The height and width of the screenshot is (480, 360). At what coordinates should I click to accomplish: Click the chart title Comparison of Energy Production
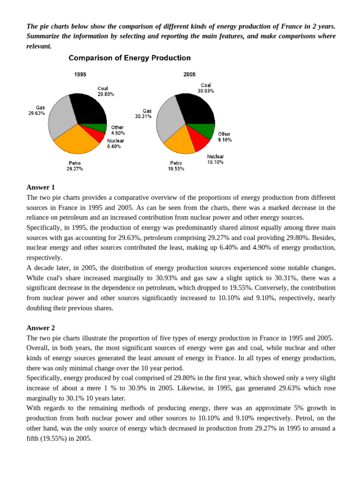pos(130,58)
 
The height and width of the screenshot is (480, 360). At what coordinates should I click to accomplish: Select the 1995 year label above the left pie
pos(80,74)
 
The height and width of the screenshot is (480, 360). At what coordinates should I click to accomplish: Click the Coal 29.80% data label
pos(105,91)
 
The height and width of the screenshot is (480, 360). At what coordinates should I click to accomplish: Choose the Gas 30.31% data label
pos(144,113)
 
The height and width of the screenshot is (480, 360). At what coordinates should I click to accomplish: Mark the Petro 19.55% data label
pos(176,166)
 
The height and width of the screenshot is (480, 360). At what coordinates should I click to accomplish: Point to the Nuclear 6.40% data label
pos(115,143)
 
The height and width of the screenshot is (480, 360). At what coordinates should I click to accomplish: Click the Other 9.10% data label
pos(224,137)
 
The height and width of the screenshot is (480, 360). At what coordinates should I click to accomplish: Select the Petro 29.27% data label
pos(75,165)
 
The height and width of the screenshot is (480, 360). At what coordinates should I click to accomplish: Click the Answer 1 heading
pos(41,187)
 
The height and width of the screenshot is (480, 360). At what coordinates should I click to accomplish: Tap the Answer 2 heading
pos(41,328)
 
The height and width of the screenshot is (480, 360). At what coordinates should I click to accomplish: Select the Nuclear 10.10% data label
pos(215,159)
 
